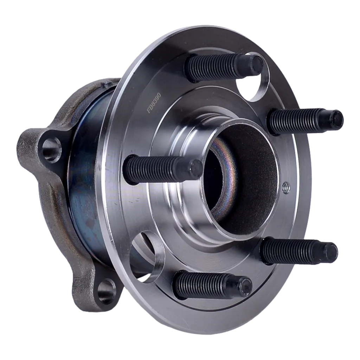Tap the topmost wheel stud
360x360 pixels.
(x=224, y=66)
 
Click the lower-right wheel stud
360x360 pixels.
(x=300, y=252)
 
